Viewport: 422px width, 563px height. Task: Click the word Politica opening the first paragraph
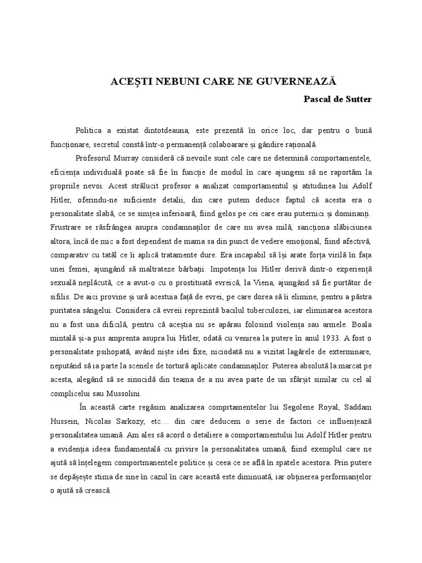coord(92,131)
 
